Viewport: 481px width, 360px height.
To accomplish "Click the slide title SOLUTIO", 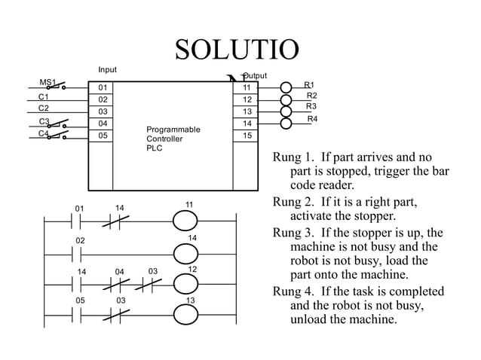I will coord(237,50).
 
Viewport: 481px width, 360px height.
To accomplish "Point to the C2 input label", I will coord(44,108).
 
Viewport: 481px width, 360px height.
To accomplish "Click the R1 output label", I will coord(309,85).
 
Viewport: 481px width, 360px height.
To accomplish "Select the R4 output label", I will coord(312,120).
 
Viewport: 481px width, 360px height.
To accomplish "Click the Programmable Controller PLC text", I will coord(173,139).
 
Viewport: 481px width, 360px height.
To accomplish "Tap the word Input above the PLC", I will coord(108,70).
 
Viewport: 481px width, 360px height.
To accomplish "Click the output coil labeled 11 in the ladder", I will coord(189,221).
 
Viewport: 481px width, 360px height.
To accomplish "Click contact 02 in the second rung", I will coord(79,254).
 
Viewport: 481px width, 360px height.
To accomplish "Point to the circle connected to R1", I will coord(286,87).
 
